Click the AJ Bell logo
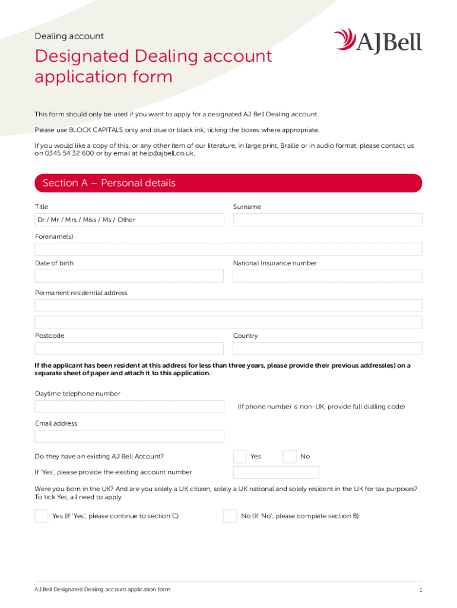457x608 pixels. [x=377, y=41]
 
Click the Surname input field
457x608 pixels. [x=328, y=220]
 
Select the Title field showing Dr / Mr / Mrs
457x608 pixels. [x=129, y=220]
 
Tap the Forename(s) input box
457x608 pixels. [x=228, y=249]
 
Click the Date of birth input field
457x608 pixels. [x=129, y=276]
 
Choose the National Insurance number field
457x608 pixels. [x=328, y=276]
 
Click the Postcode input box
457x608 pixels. [x=129, y=349]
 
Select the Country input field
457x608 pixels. [x=328, y=349]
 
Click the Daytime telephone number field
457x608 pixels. [x=129, y=407]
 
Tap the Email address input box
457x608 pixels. [x=129, y=436]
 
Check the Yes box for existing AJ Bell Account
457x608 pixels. [x=240, y=457]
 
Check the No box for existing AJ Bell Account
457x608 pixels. [x=290, y=457]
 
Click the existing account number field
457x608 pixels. [x=276, y=473]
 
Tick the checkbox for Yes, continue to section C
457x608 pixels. [x=42, y=516]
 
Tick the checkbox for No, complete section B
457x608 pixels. [x=230, y=516]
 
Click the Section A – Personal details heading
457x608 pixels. [x=109, y=183]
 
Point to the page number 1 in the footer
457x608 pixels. [x=420, y=590]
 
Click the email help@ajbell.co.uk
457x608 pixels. [x=167, y=153]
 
